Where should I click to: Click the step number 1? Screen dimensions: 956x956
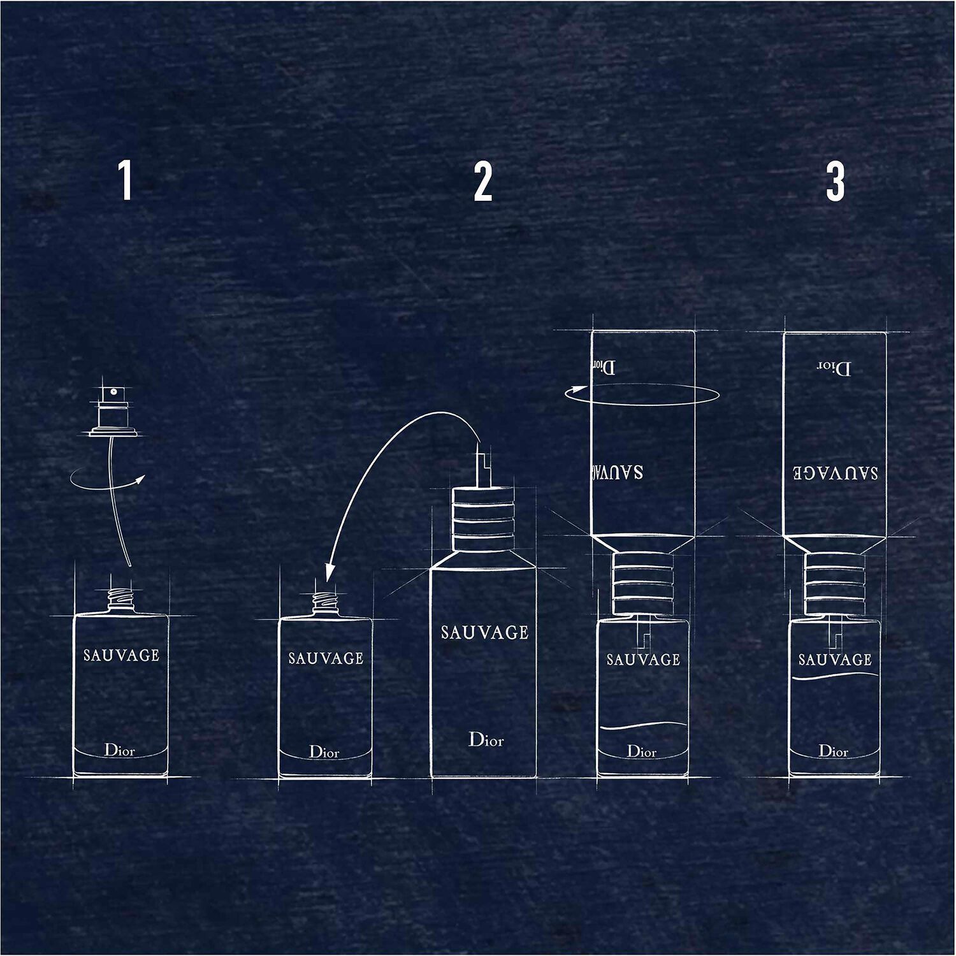[x=126, y=181]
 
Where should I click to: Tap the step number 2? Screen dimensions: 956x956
[x=483, y=182]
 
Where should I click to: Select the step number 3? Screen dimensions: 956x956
[x=835, y=182]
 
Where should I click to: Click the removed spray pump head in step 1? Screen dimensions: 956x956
[x=113, y=411]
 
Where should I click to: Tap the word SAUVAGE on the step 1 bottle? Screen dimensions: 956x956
[x=121, y=655]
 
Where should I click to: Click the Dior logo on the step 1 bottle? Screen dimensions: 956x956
[x=120, y=750]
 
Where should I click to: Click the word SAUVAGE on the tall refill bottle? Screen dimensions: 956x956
[x=485, y=632]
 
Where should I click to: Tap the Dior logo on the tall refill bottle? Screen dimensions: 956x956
[x=486, y=739]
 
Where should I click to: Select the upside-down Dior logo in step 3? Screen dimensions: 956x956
[x=834, y=368]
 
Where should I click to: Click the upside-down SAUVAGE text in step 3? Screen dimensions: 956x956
[x=835, y=472]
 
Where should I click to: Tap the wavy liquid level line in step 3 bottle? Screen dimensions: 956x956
[x=835, y=678]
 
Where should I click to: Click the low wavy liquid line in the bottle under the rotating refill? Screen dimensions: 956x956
[x=643, y=727]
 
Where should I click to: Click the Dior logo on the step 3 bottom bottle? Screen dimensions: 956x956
[x=834, y=751]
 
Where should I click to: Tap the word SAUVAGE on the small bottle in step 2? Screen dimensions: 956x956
[x=326, y=658]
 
